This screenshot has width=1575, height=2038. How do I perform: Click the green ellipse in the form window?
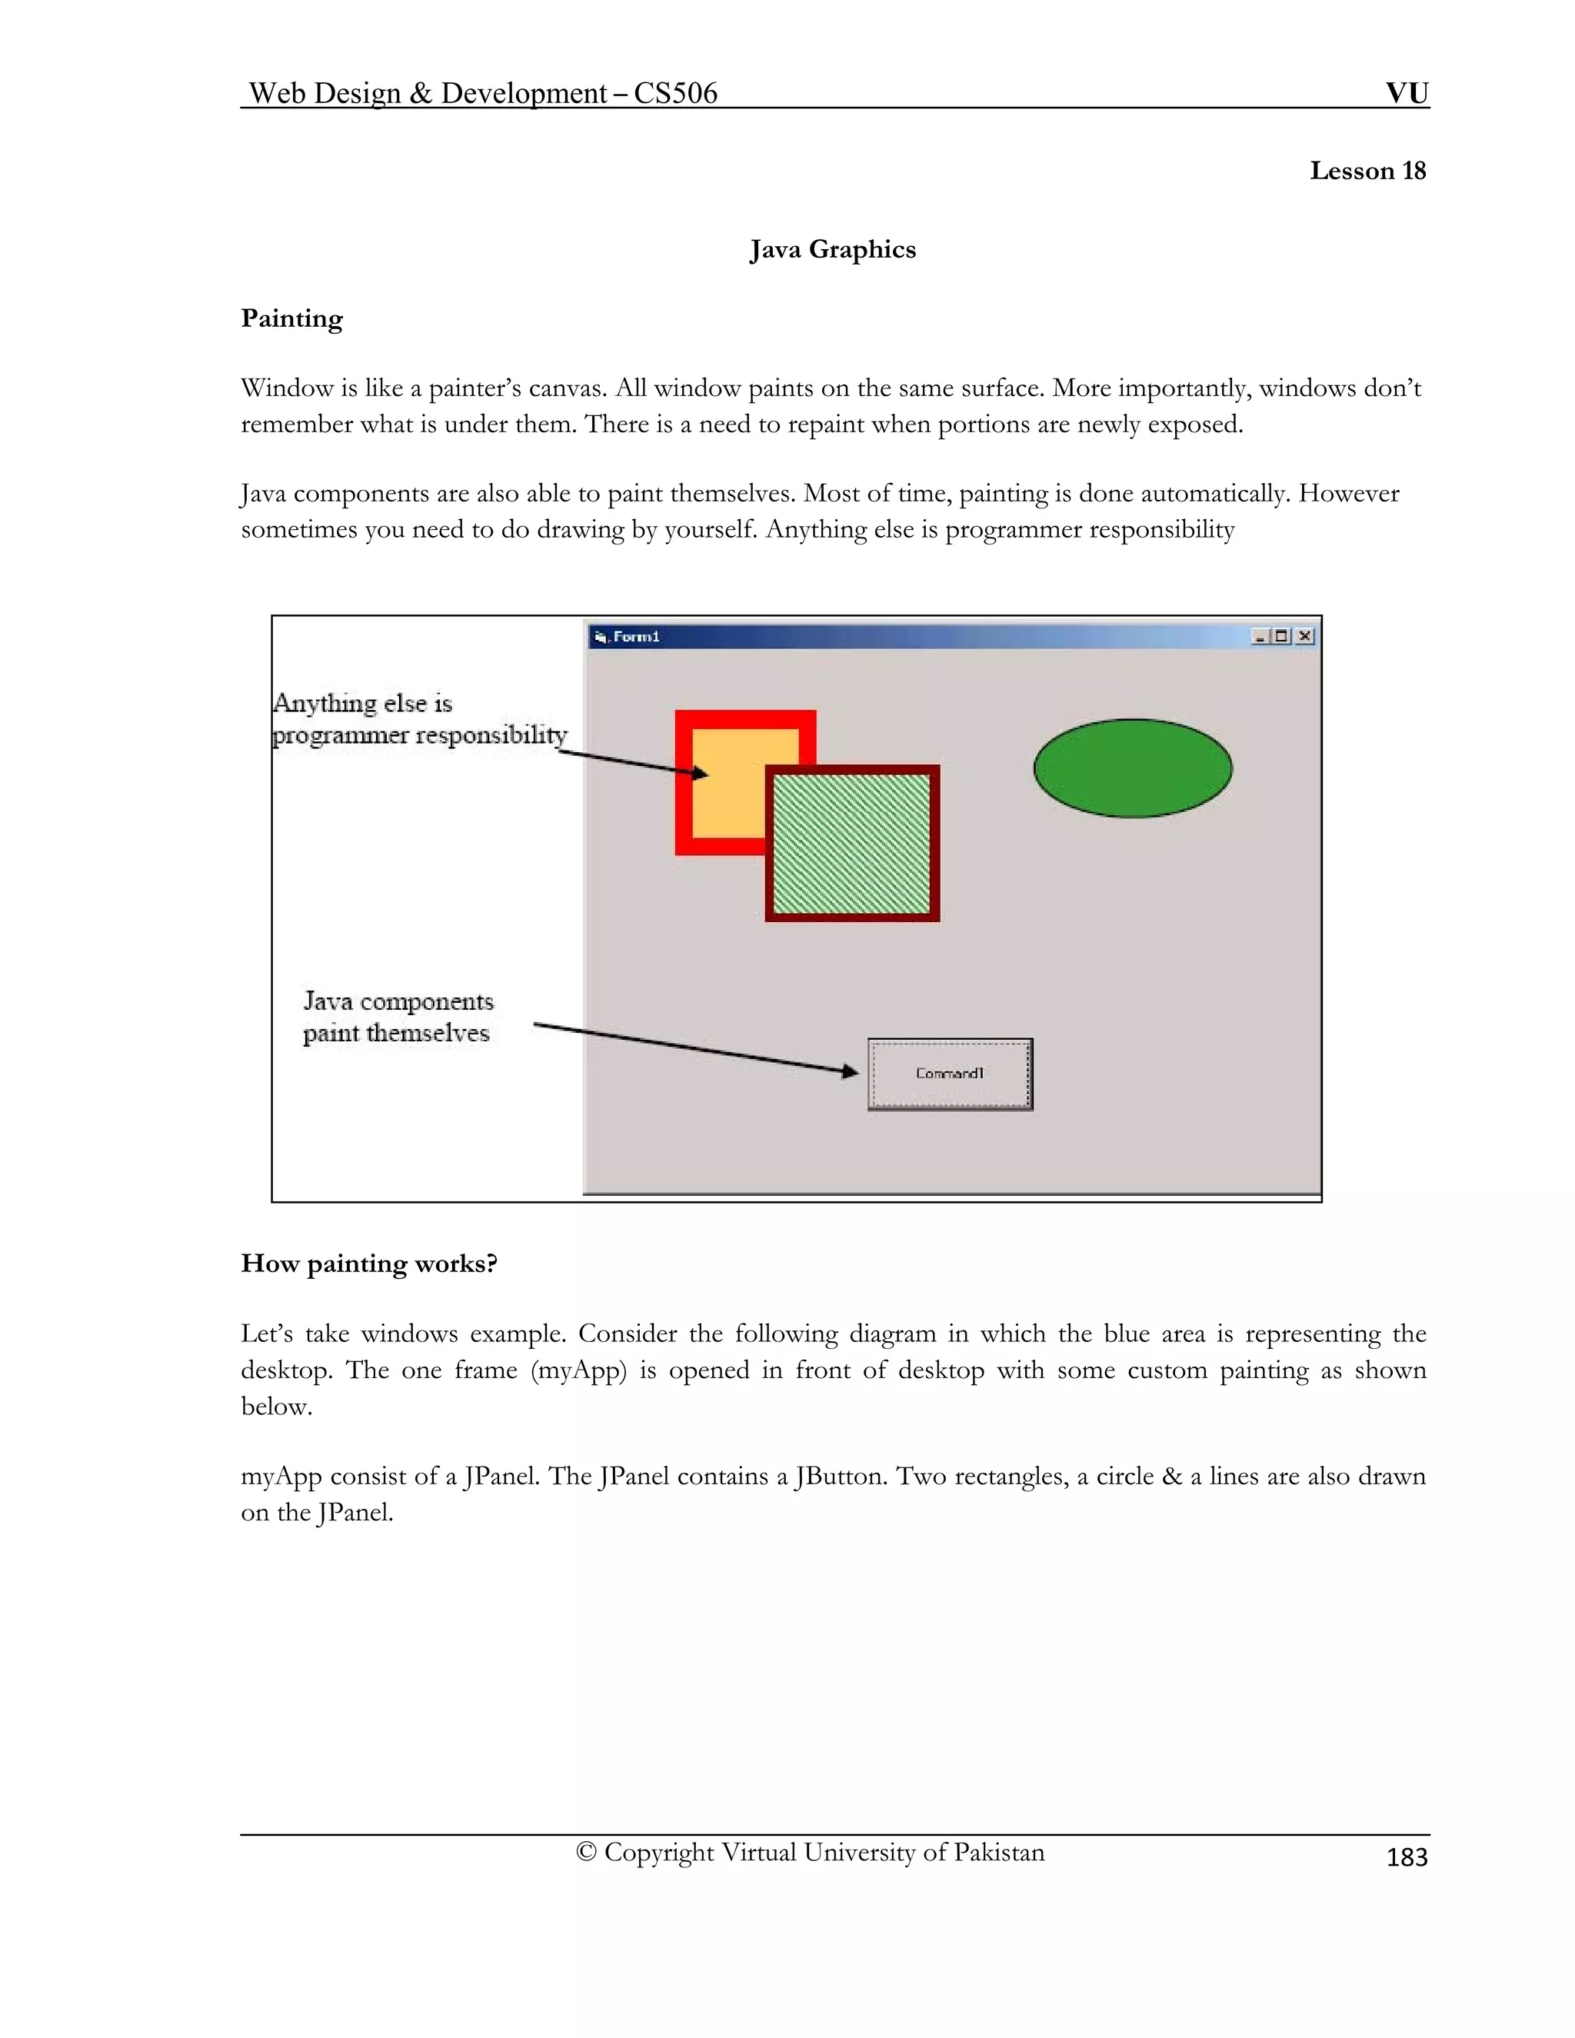1132,768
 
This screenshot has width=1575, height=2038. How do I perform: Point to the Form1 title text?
635,637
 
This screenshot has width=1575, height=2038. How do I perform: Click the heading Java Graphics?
832,249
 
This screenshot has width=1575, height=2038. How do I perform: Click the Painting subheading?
291,318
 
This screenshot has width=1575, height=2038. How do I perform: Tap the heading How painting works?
368,1264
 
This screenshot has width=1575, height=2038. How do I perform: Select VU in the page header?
1406,93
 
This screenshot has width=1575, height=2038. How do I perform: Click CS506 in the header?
675,93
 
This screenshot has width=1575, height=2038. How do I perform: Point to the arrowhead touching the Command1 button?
850,1071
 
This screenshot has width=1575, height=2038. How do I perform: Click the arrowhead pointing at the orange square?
700,773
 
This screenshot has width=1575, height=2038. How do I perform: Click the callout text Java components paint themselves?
398,1017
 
